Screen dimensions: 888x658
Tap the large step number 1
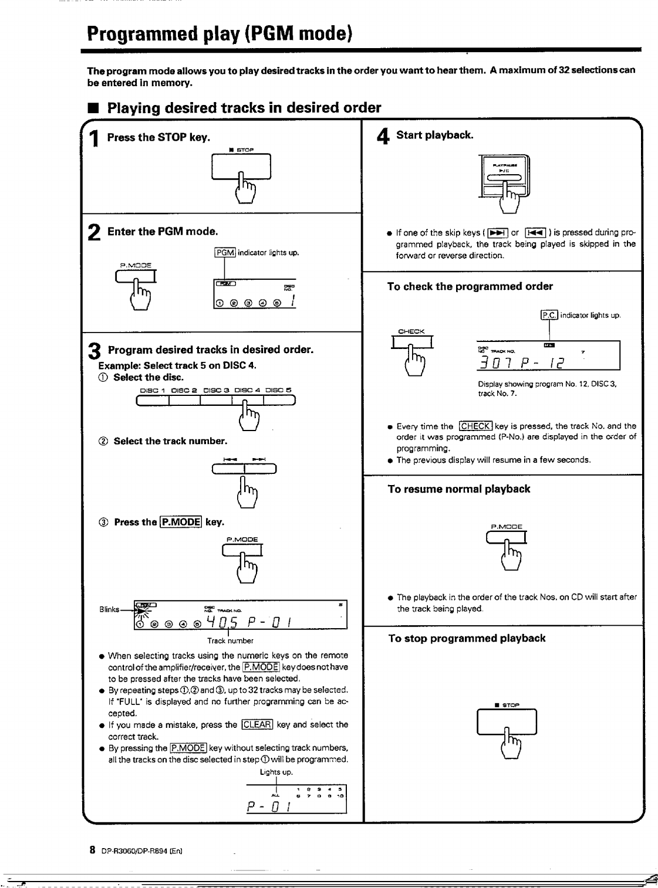coord(95,139)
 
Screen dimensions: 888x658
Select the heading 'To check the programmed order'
coord(470,287)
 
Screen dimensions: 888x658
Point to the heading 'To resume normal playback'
coord(458,489)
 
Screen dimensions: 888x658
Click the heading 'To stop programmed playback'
coord(467,638)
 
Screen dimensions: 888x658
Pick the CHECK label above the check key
coord(411,331)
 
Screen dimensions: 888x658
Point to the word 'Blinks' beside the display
coord(110,609)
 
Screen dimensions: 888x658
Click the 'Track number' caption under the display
coord(230,640)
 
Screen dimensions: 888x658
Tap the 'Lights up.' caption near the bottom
coord(276,772)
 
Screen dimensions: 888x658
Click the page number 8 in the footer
coord(93,850)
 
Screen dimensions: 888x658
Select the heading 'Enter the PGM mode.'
coord(163,232)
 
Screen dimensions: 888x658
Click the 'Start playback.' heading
coord(434,135)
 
